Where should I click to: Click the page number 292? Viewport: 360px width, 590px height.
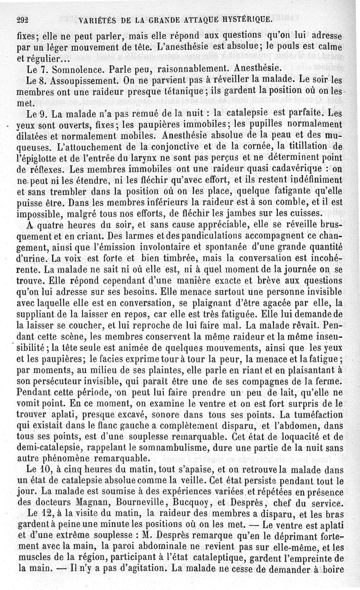[22, 20]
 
